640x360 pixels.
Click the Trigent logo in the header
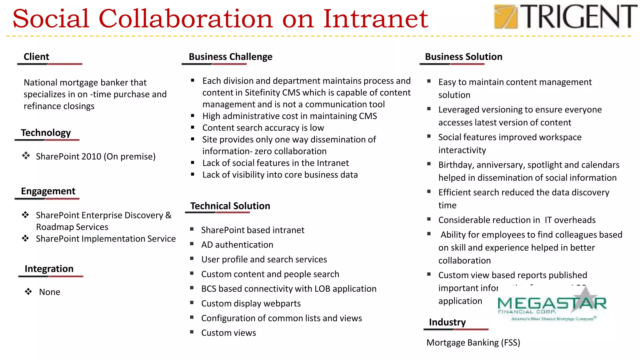point(565,17)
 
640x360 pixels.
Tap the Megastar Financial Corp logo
point(552,305)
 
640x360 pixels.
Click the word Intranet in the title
point(375,19)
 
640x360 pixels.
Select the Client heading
point(36,57)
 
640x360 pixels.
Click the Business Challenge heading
point(230,57)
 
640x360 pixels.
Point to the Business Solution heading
point(463,57)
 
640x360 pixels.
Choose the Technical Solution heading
point(230,206)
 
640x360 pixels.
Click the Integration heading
point(49,269)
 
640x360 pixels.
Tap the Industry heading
point(447,322)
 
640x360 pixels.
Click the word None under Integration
point(50,292)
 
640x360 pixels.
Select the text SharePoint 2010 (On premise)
point(96,156)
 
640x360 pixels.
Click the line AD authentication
point(237,245)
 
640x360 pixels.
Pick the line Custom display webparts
point(251,303)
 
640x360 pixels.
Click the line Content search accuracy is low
point(263,128)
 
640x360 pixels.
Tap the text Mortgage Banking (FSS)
point(473,342)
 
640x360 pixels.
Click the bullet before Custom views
point(192,332)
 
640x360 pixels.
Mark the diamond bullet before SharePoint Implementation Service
point(26,238)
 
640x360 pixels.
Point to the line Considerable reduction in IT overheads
point(517,220)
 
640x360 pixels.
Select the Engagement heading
point(48,191)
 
